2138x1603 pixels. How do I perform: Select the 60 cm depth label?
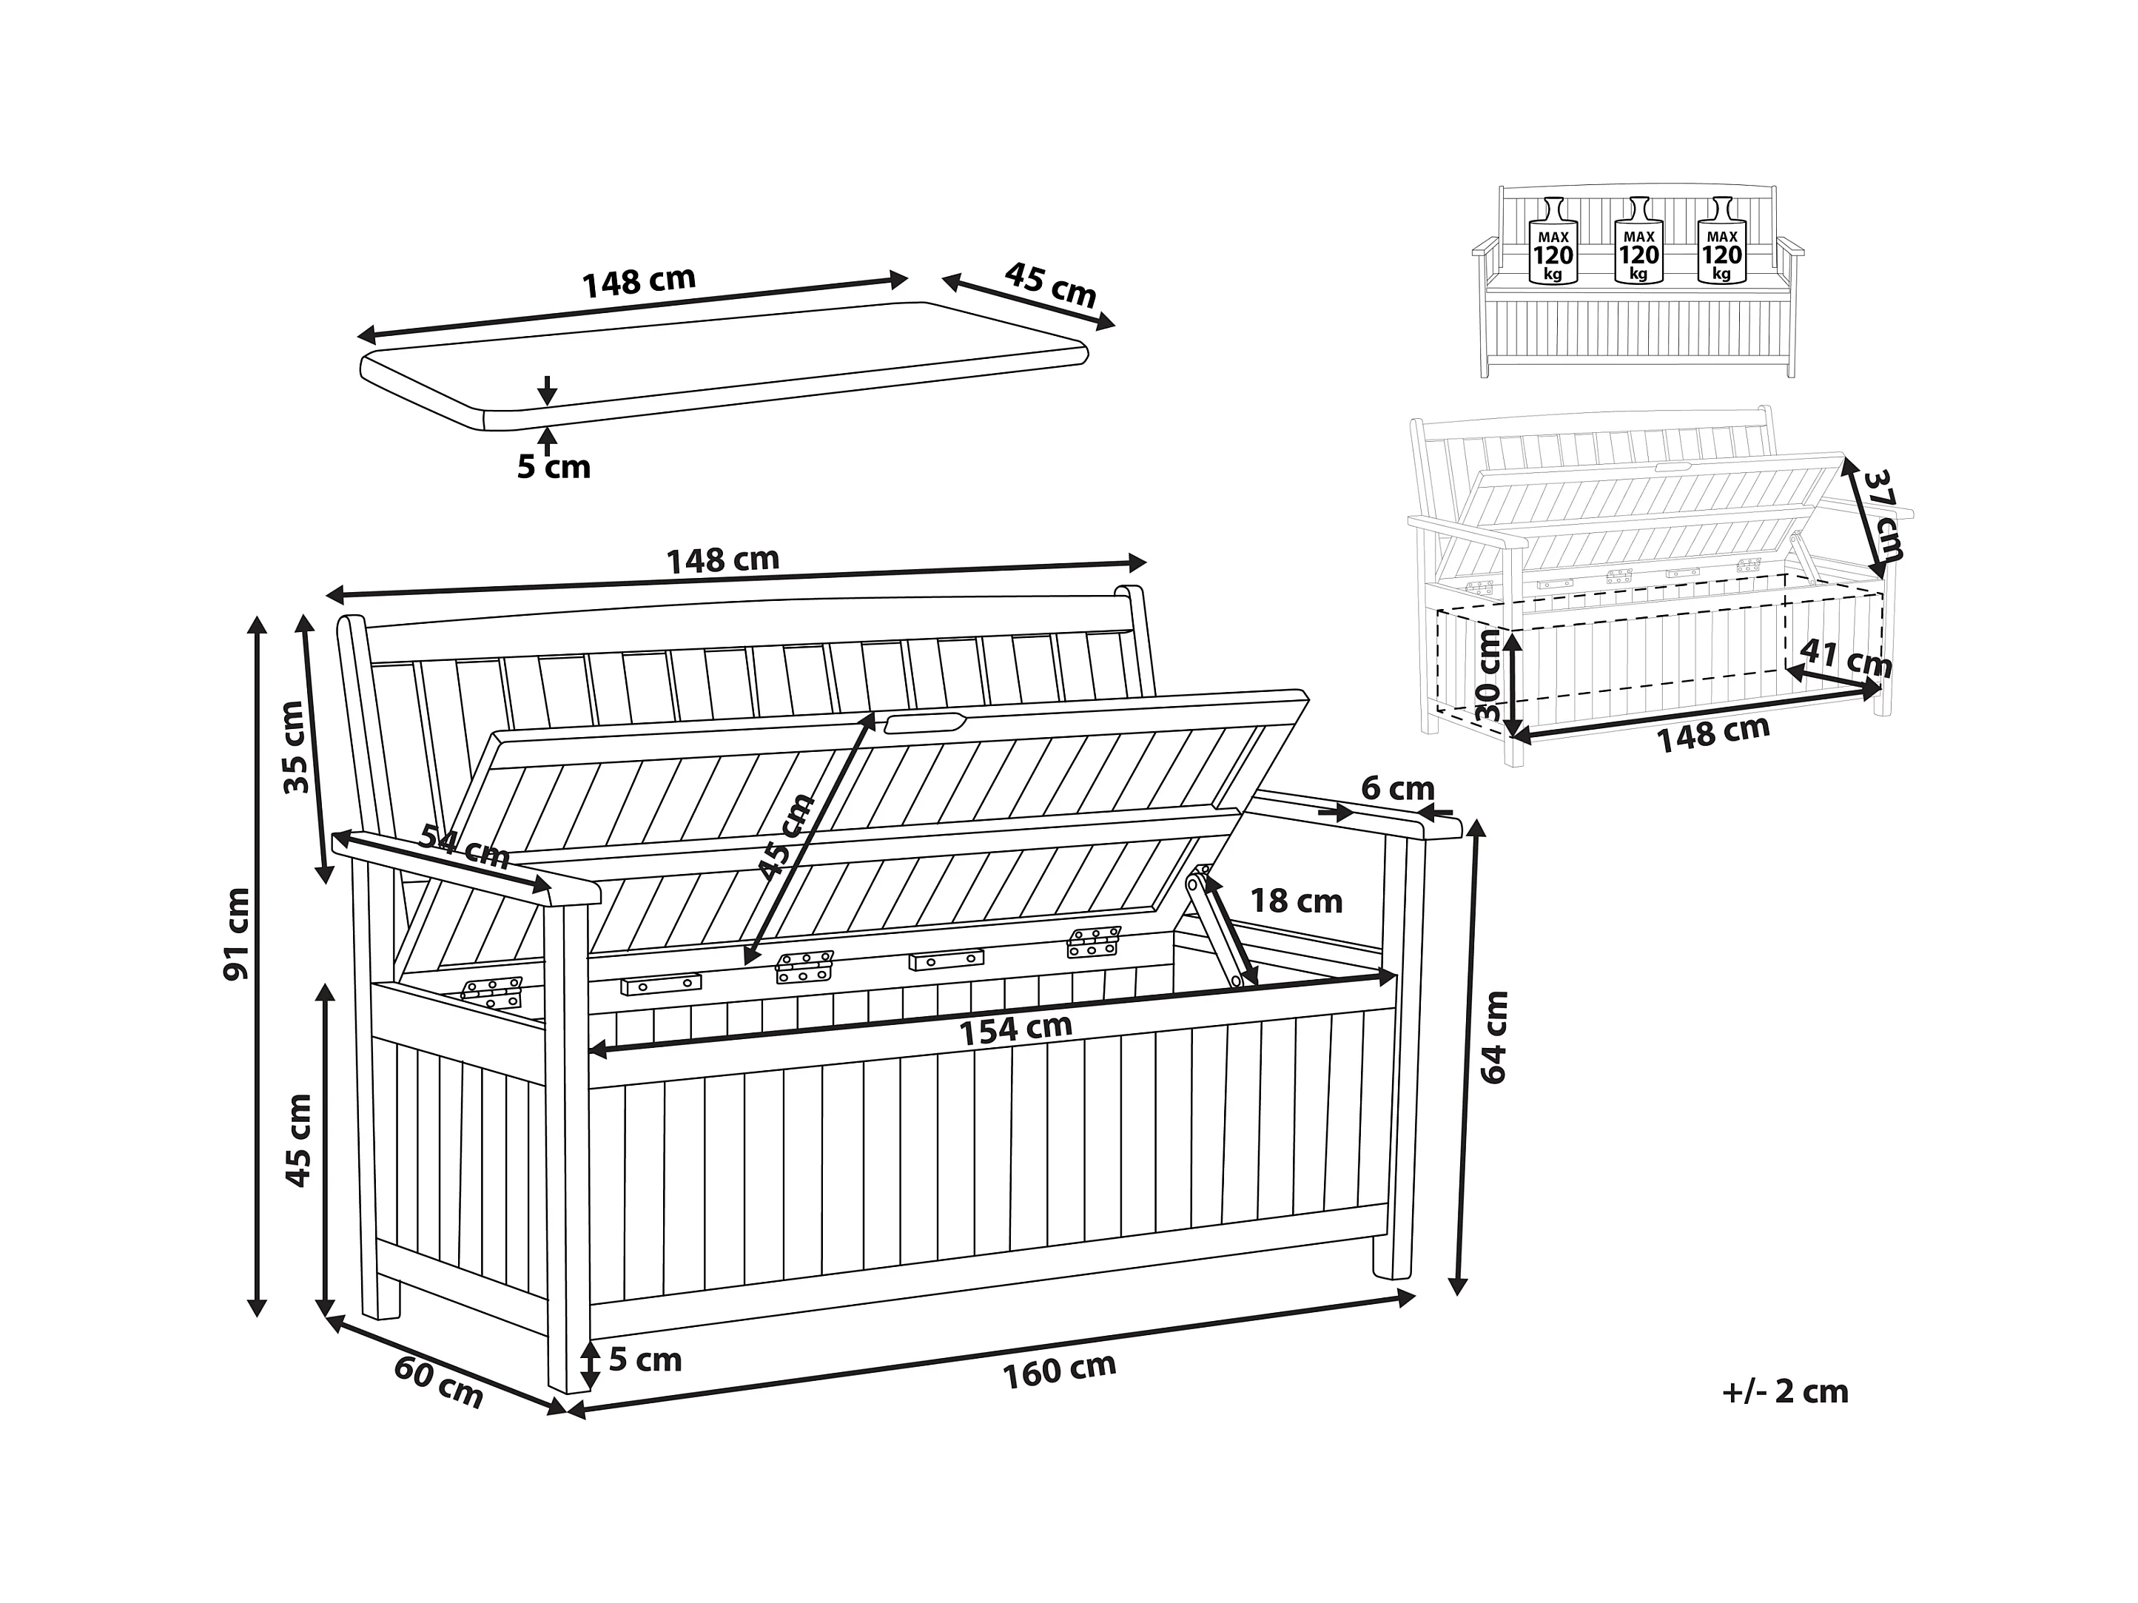click(x=438, y=1382)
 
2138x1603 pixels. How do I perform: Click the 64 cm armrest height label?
click(x=1493, y=1038)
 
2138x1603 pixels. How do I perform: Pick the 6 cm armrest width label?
click(x=1398, y=789)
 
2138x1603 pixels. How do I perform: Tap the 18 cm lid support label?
click(x=1296, y=901)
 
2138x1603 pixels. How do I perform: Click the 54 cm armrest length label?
click(x=464, y=847)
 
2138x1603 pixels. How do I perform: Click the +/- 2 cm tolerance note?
click(x=1785, y=1391)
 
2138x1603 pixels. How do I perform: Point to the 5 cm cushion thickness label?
click(x=554, y=467)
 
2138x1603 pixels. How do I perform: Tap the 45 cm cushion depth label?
click(x=1051, y=284)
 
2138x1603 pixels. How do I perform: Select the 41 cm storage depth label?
click(x=1845, y=659)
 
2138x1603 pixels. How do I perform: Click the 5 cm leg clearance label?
click(x=645, y=1360)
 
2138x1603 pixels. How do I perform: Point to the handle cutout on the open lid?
click(x=926, y=723)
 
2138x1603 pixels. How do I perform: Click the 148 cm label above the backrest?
click(x=723, y=559)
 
